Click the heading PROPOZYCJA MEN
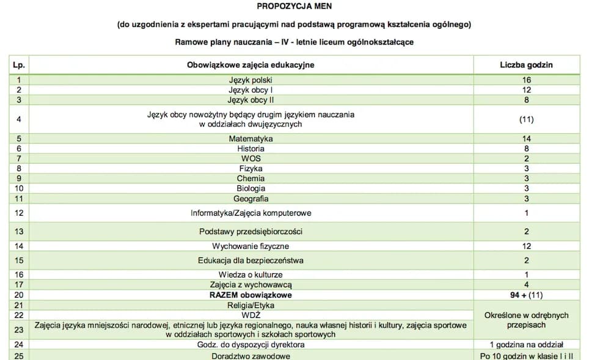[294, 7]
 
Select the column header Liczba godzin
[526, 65]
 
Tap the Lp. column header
[18, 65]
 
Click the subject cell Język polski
[251, 80]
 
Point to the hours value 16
[526, 80]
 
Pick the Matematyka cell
[251, 139]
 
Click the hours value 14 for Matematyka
[526, 139]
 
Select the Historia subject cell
[251, 149]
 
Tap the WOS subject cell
[251, 158]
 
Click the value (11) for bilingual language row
[526, 119]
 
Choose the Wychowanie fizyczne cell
[251, 246]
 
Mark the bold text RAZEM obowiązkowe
[251, 295]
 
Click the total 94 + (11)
[526, 295]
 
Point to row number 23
[18, 330]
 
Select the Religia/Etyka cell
[251, 305]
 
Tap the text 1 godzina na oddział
[526, 345]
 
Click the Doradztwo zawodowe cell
[251, 356]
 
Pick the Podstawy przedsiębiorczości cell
[251, 232]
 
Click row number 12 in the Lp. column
[18, 213]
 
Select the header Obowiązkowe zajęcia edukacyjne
[251, 65]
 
